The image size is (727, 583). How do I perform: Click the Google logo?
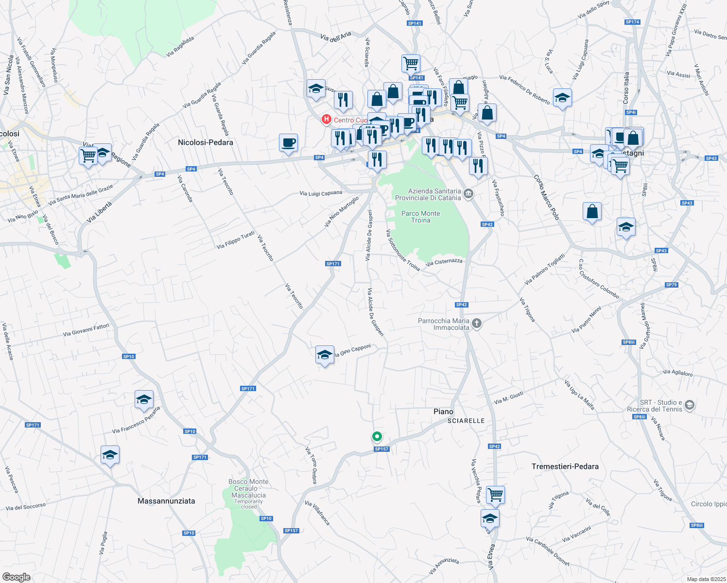[x=17, y=577]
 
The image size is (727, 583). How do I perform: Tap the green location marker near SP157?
[x=377, y=436]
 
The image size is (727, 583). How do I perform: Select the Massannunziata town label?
[x=166, y=501]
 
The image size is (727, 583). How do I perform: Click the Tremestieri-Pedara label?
[x=565, y=466]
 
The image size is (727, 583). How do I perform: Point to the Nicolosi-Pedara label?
[x=206, y=142]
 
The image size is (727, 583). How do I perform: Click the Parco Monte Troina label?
[x=421, y=217]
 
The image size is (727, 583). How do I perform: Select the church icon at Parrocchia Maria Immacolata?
[x=477, y=324]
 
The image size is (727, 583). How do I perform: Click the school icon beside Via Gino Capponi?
[x=325, y=355]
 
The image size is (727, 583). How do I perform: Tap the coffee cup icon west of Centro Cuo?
[x=288, y=143]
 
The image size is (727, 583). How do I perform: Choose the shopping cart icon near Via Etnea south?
[x=495, y=495]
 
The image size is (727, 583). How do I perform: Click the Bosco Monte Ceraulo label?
[x=248, y=488]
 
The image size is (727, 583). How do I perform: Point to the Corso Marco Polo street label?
[x=547, y=197]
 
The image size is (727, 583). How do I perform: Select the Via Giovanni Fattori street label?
[x=87, y=330]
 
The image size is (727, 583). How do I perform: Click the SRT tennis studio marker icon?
[x=689, y=405]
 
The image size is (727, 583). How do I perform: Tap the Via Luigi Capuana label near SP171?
[x=321, y=193]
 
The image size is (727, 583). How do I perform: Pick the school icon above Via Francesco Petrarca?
[x=144, y=399]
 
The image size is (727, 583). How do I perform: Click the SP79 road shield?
[x=671, y=285]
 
